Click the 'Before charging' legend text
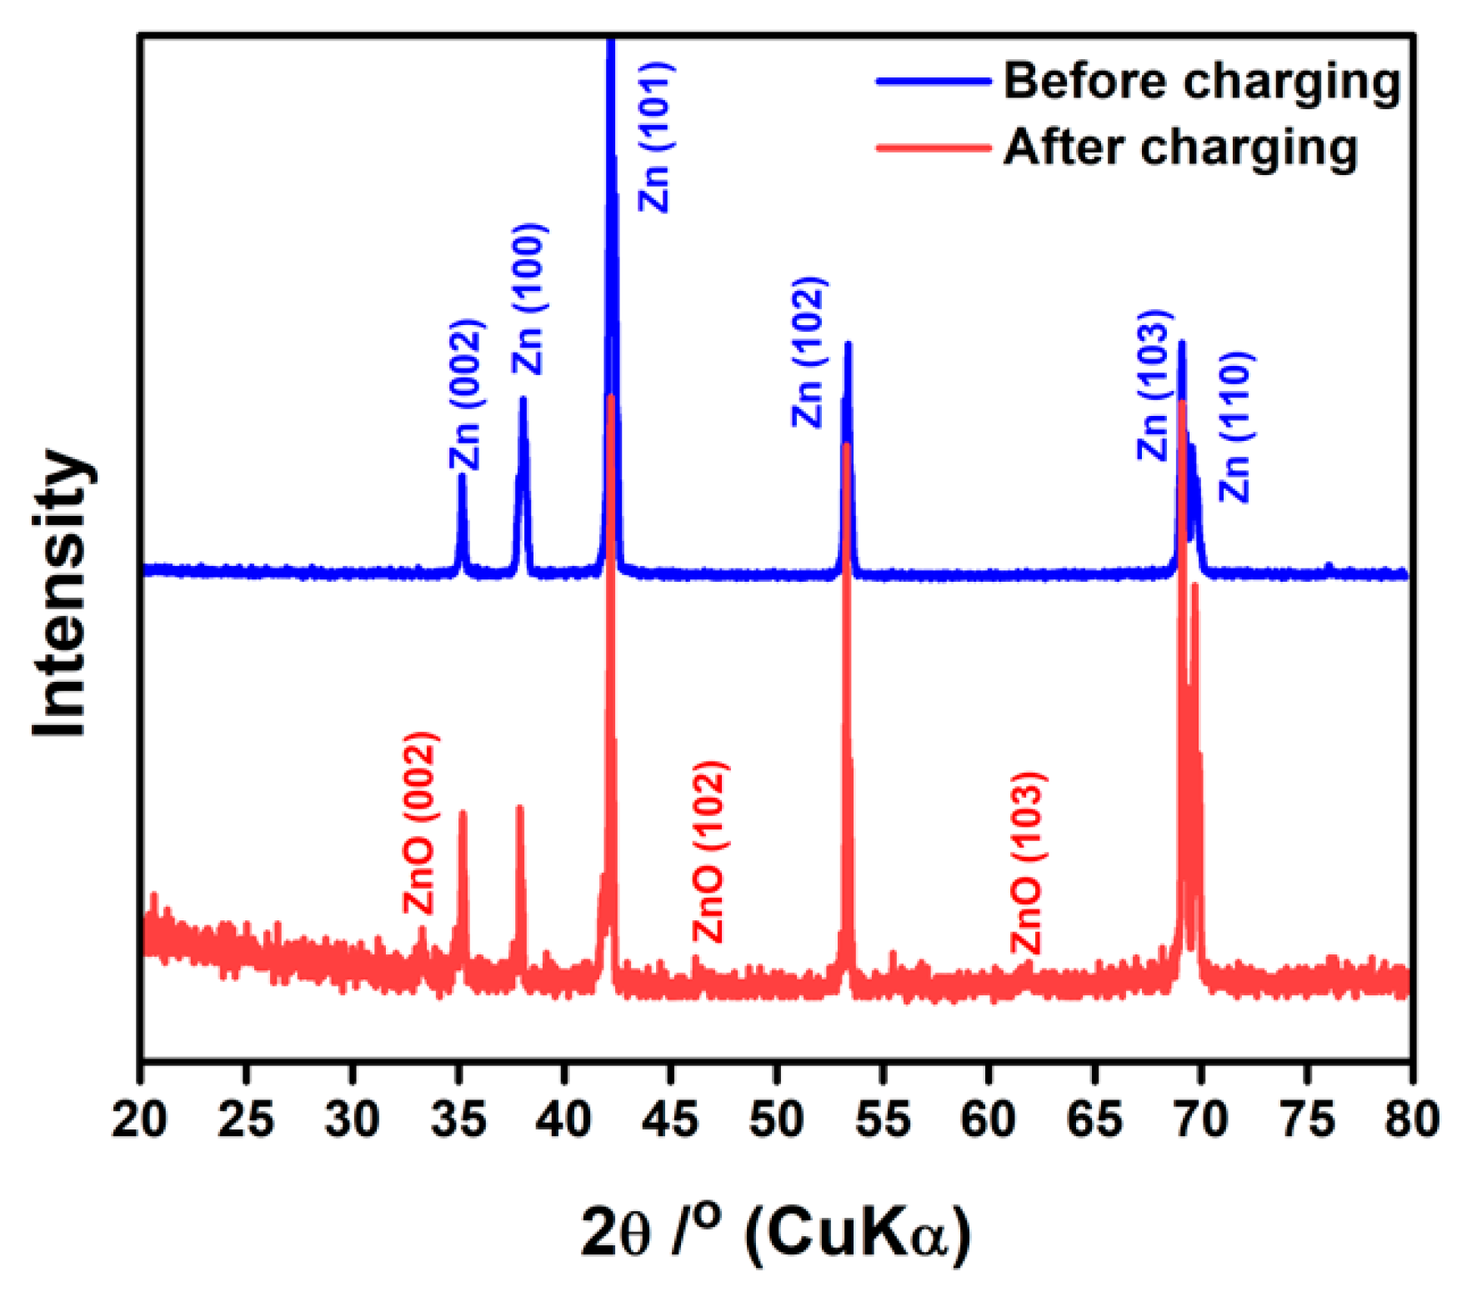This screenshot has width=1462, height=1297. pyautogui.click(x=1201, y=83)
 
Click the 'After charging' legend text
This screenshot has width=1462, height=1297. pyautogui.click(x=1179, y=148)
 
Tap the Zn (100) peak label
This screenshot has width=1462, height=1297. pyautogui.click(x=528, y=299)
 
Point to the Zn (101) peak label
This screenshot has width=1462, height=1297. pyautogui.click(x=654, y=137)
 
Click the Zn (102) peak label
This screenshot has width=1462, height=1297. pyautogui.click(x=809, y=353)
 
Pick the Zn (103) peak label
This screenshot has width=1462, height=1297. pyautogui.click(x=1156, y=384)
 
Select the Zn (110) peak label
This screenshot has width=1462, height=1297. pyautogui.click(x=1237, y=428)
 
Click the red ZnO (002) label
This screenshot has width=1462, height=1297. pyautogui.click(x=420, y=822)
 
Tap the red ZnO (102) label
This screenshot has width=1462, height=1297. pyautogui.click(x=710, y=852)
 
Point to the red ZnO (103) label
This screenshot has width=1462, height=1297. pyautogui.click(x=1029, y=864)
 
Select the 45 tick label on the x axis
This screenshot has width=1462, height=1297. pyautogui.click(x=671, y=1119)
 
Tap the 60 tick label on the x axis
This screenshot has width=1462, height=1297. pyautogui.click(x=989, y=1119)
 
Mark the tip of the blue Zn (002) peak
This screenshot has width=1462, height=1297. pyautogui.click(x=462, y=476)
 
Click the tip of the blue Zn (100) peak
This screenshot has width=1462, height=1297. pyautogui.click(x=523, y=399)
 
